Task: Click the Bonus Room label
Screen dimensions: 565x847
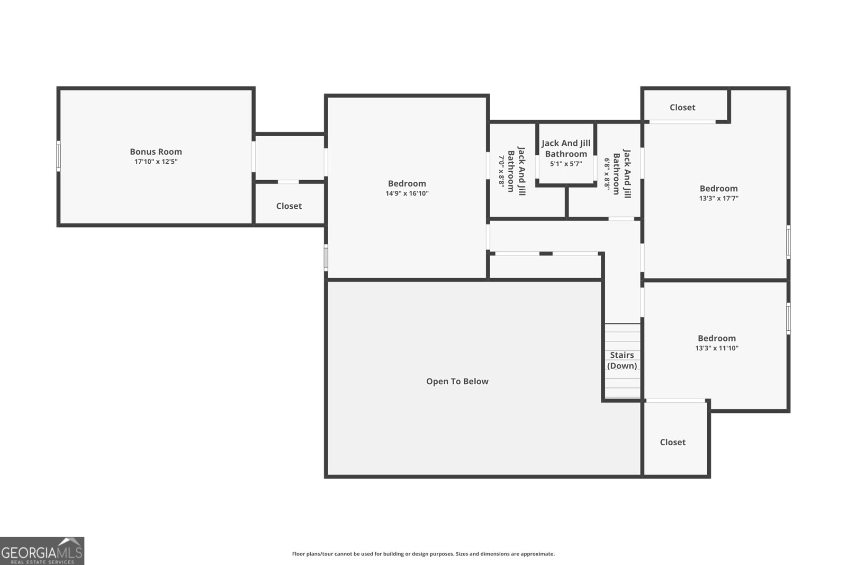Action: coord(156,152)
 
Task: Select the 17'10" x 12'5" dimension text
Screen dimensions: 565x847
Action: coord(156,162)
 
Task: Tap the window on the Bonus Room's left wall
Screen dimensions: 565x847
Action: coord(58,156)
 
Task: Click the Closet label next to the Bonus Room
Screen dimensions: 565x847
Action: coord(289,206)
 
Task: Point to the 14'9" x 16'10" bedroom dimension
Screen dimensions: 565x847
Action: coord(407,193)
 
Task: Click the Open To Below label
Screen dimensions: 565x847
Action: coord(457,382)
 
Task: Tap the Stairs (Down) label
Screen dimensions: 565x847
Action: coord(621,360)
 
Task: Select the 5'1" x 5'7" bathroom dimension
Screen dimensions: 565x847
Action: coord(565,164)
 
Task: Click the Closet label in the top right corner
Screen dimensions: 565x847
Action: coord(682,108)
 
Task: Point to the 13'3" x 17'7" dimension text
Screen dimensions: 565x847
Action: coord(718,198)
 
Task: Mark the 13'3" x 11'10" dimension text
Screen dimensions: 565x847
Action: coord(716,348)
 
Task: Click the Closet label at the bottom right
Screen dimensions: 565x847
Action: coord(672,442)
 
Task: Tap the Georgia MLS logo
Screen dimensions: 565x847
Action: coord(42,551)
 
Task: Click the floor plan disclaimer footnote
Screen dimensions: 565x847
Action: coord(423,554)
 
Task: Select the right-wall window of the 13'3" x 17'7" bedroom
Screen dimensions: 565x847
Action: coord(788,242)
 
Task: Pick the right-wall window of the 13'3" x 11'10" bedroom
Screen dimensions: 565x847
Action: coord(788,318)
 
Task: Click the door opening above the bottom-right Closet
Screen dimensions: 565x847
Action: coord(675,401)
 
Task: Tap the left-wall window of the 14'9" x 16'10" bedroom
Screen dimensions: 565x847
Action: coord(326,258)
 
